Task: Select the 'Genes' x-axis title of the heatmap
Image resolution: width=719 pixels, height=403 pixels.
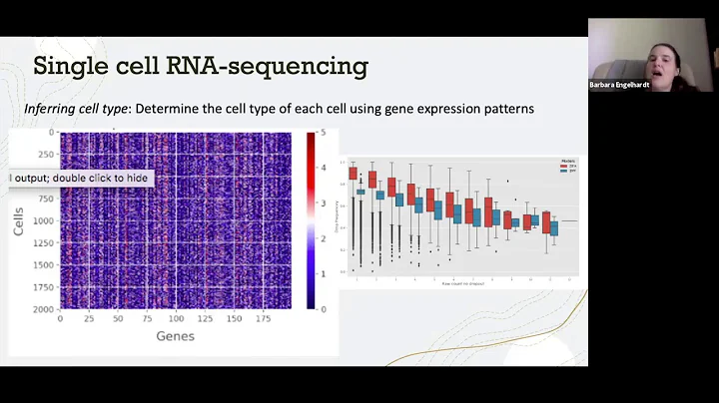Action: point(175,336)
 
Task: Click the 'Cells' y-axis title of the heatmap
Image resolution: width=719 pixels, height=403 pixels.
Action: point(18,220)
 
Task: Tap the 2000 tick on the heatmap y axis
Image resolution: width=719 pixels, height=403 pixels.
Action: point(42,309)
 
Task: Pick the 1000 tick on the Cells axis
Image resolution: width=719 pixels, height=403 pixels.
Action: point(42,220)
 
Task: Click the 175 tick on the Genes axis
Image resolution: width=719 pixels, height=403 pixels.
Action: point(264,319)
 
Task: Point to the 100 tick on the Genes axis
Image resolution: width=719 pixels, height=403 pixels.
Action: point(176,319)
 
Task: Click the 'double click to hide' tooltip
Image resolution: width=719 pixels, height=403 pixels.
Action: point(80,178)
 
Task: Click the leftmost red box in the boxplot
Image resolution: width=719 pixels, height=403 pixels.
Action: point(353,174)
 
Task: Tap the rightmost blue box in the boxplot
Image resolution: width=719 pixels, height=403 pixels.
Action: point(554,227)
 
